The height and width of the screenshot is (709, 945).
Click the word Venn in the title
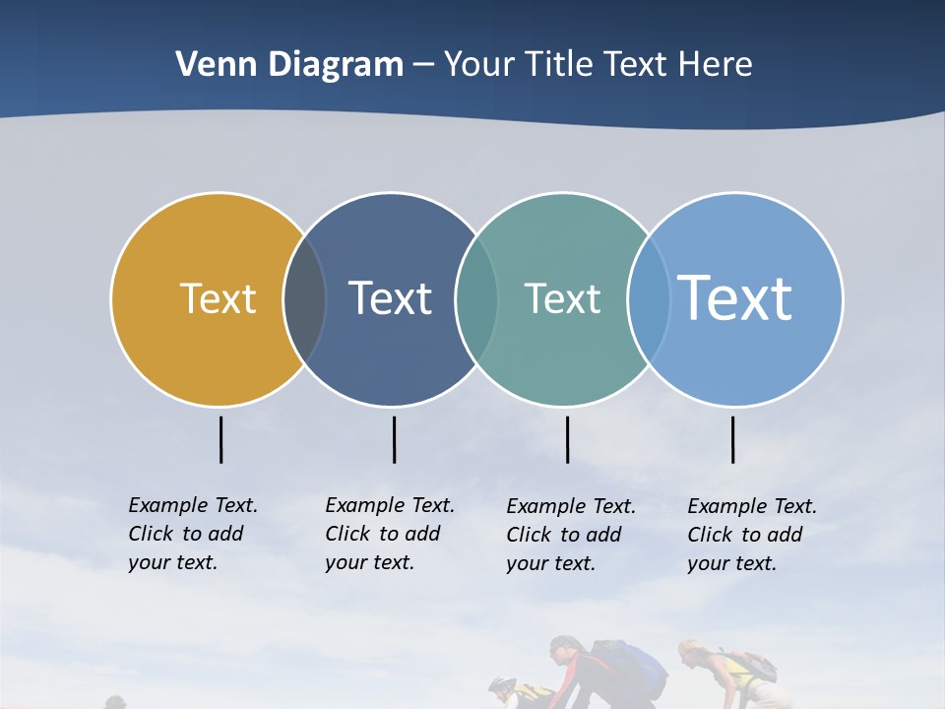tap(210, 65)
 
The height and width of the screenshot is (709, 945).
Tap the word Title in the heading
tap(557, 65)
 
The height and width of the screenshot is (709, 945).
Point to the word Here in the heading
tap(716, 65)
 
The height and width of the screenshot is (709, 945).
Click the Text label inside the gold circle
tap(218, 298)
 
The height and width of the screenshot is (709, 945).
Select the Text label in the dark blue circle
tap(391, 298)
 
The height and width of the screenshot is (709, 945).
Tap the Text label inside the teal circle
tap(562, 298)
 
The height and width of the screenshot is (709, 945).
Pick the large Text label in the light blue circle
tap(735, 297)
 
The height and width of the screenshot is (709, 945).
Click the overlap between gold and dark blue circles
tap(304, 299)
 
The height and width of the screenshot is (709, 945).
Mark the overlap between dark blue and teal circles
tap(476, 299)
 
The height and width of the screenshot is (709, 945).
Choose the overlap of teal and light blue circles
tap(649, 299)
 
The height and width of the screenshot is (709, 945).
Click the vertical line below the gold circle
tap(220, 439)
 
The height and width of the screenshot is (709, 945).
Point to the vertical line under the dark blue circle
tap(394, 439)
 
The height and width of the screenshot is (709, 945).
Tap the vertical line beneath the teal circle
tap(567, 439)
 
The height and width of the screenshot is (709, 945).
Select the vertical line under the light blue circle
tap(732, 439)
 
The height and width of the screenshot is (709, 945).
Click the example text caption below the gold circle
tap(193, 534)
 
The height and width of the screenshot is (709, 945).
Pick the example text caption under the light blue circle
tap(752, 535)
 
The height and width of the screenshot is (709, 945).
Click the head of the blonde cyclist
tap(691, 652)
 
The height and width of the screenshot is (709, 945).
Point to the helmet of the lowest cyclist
tap(501, 684)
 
